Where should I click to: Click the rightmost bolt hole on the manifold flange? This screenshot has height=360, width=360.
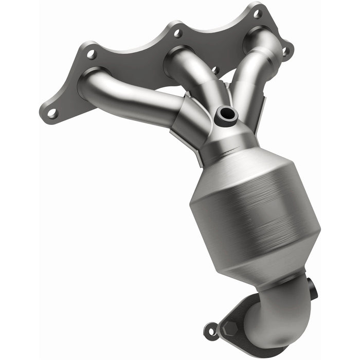286,51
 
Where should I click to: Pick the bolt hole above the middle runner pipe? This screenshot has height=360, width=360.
177,33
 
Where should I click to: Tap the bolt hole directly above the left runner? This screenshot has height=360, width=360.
91,53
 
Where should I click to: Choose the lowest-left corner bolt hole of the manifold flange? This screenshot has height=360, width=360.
52,113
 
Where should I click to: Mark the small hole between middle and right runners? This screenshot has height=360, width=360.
215,70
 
